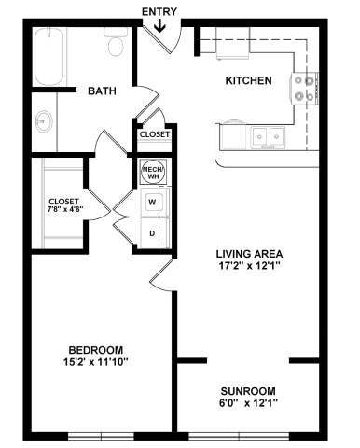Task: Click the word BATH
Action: [x=102, y=91]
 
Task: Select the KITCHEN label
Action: [x=249, y=81]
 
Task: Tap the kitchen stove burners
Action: [x=304, y=88]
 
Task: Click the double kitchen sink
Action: [x=266, y=136]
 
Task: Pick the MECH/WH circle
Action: [x=151, y=172]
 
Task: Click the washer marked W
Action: [x=151, y=201]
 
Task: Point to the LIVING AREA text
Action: [x=249, y=253]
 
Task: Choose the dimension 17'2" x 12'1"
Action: [x=249, y=266]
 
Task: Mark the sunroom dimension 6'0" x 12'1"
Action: [x=249, y=403]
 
